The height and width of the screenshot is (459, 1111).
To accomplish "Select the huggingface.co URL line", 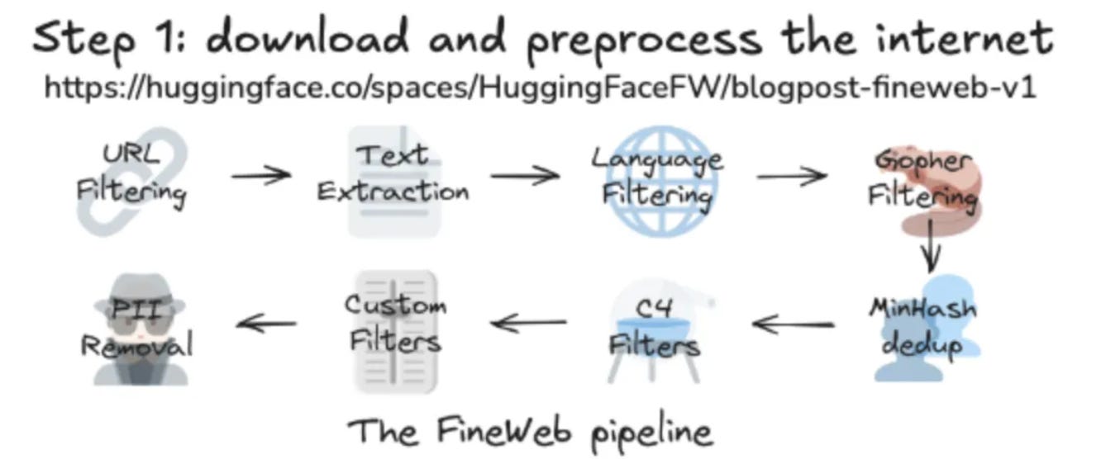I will tap(540, 87).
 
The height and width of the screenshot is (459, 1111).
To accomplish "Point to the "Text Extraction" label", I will tap(393, 173).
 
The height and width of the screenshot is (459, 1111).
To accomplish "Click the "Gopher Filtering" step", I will tap(923, 179).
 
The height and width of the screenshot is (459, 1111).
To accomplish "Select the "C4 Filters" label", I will tap(654, 330).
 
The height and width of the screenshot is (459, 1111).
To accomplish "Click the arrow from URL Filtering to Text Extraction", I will tap(260, 174).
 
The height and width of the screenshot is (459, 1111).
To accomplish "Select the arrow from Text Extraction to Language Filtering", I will tap(524, 175).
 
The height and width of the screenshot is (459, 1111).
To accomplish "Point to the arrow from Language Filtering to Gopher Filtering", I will tap(791, 175).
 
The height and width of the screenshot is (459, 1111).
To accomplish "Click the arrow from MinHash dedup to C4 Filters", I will tap(793, 324).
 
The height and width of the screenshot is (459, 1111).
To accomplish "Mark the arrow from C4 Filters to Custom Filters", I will tap(529, 322).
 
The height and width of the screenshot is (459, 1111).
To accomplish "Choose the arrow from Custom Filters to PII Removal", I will tap(266, 323).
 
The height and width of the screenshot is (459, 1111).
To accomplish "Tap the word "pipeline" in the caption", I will tap(651, 433).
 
